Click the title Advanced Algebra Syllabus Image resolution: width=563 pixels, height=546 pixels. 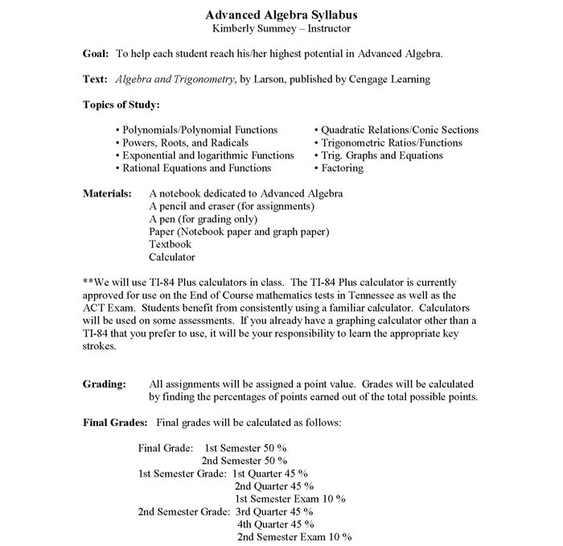pos(281,14)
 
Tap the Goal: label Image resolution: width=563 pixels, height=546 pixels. pos(96,54)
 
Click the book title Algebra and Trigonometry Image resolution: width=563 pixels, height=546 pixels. pos(178,80)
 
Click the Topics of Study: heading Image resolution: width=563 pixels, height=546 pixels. pos(121,105)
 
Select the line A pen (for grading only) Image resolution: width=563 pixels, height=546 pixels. pos(203,219)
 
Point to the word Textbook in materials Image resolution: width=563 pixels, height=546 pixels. pos(170,245)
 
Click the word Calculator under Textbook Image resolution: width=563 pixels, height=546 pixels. pos(172,258)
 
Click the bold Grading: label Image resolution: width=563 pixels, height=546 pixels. pos(104,384)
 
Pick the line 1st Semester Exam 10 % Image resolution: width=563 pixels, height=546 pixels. pos(290,498)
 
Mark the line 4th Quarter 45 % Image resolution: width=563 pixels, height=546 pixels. pos(275,524)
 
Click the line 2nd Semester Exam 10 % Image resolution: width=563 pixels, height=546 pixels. pos(294,537)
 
